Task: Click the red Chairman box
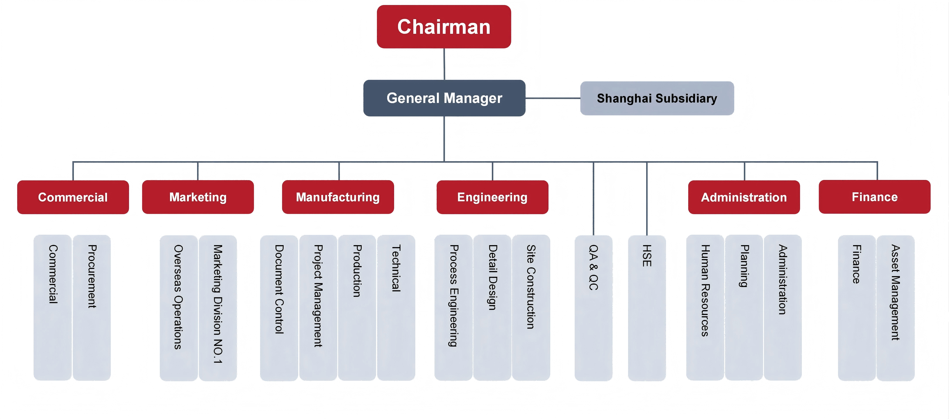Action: coord(444,27)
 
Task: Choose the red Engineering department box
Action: coord(492,197)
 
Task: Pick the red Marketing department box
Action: coord(198,197)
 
